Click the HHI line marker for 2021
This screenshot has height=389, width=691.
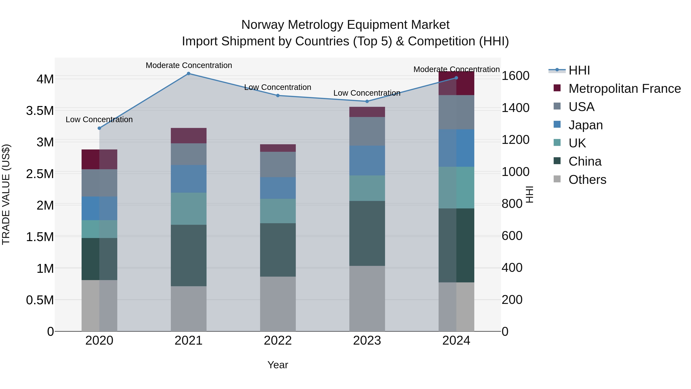[188, 74]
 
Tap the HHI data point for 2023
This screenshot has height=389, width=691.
[367, 101]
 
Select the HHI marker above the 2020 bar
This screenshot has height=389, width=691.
[99, 128]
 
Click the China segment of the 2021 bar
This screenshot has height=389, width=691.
[188, 255]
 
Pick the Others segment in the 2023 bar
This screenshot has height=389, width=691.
[367, 299]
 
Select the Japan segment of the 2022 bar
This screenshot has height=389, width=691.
[278, 188]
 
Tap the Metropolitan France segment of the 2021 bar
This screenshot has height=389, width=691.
[188, 136]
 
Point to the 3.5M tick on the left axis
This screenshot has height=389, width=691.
[40, 111]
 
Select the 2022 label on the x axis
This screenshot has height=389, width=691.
[278, 341]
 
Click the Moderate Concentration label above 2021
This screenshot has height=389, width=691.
[188, 66]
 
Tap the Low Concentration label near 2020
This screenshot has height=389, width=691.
[99, 119]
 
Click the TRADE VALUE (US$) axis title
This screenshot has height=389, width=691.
[6, 194]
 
